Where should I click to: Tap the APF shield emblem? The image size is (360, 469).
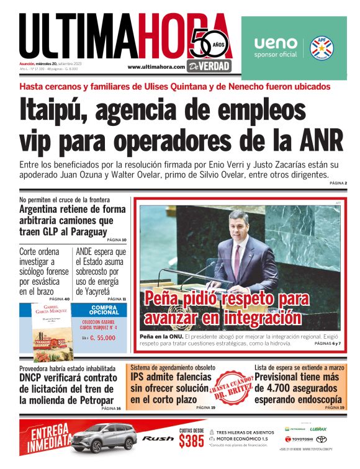click(322, 48)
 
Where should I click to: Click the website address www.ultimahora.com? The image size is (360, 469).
click(156, 67)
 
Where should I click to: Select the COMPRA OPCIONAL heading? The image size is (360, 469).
click(96, 310)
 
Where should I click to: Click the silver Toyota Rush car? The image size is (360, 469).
click(104, 437)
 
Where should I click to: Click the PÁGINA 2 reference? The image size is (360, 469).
click(338, 184)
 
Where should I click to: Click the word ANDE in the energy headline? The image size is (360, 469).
click(89, 252)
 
